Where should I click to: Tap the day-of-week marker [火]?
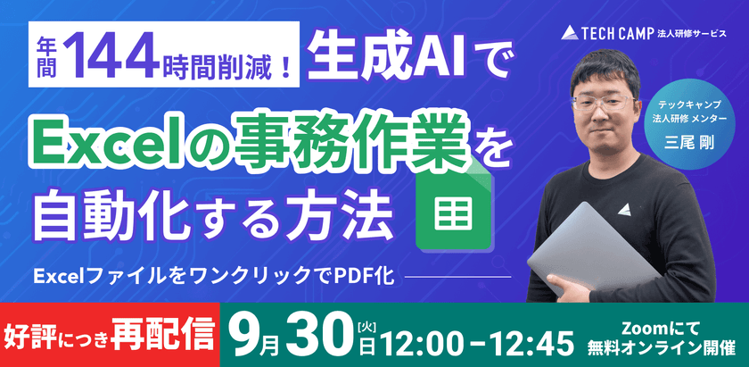coord(367,321)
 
